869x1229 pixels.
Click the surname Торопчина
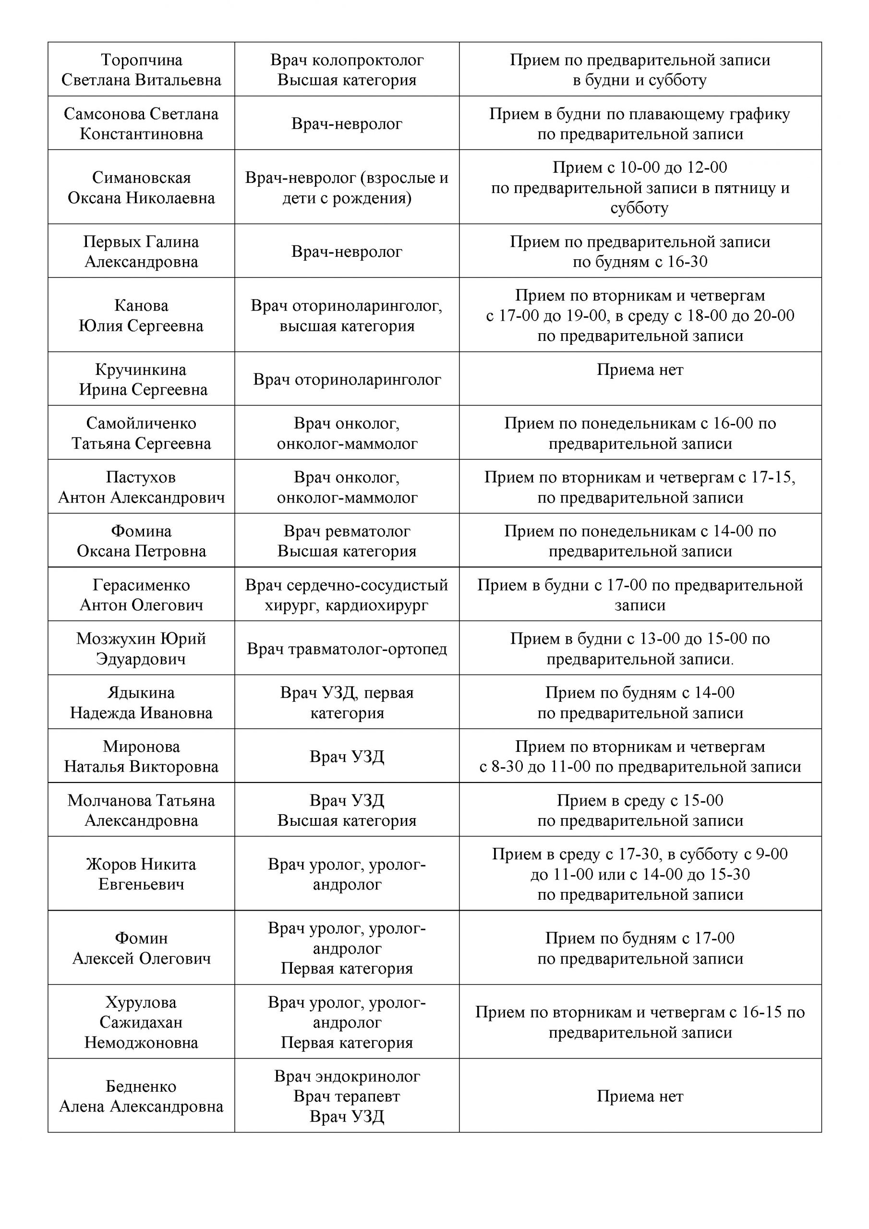(x=141, y=60)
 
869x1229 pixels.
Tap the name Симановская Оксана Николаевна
(x=141, y=188)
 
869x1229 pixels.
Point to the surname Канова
(x=141, y=306)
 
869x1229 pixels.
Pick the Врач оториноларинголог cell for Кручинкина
(x=347, y=380)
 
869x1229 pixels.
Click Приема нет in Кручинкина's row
(x=640, y=370)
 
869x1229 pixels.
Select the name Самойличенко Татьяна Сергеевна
(x=141, y=434)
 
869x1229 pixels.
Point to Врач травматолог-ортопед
(x=347, y=649)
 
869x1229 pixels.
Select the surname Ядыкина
(x=141, y=693)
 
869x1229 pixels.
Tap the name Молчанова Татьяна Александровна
(x=141, y=810)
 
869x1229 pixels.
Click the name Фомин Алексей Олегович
(x=141, y=949)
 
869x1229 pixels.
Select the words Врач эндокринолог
(x=347, y=1076)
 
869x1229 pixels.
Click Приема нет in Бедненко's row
(x=640, y=1097)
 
